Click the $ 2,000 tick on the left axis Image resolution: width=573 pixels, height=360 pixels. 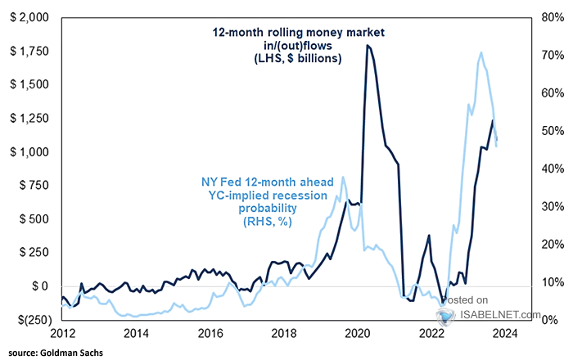coord(27,17)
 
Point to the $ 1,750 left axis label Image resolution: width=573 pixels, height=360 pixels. coord(27,51)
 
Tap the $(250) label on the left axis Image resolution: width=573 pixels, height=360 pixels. coord(29,319)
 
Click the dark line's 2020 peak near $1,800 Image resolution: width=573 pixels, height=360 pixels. coord(368,46)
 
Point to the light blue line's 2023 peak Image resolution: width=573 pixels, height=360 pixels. coord(481,53)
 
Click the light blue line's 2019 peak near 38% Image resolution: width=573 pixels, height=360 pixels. coord(343,178)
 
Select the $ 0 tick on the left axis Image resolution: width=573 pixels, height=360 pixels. coord(37,286)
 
